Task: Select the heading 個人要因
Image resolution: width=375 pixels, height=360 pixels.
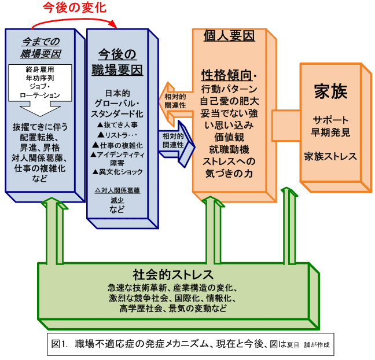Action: coord(229,36)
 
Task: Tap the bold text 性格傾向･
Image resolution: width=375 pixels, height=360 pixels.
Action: coord(229,76)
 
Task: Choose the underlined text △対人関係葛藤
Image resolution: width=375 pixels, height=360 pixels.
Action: coord(117,190)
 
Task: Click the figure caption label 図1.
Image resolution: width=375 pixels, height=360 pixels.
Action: coord(61,343)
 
